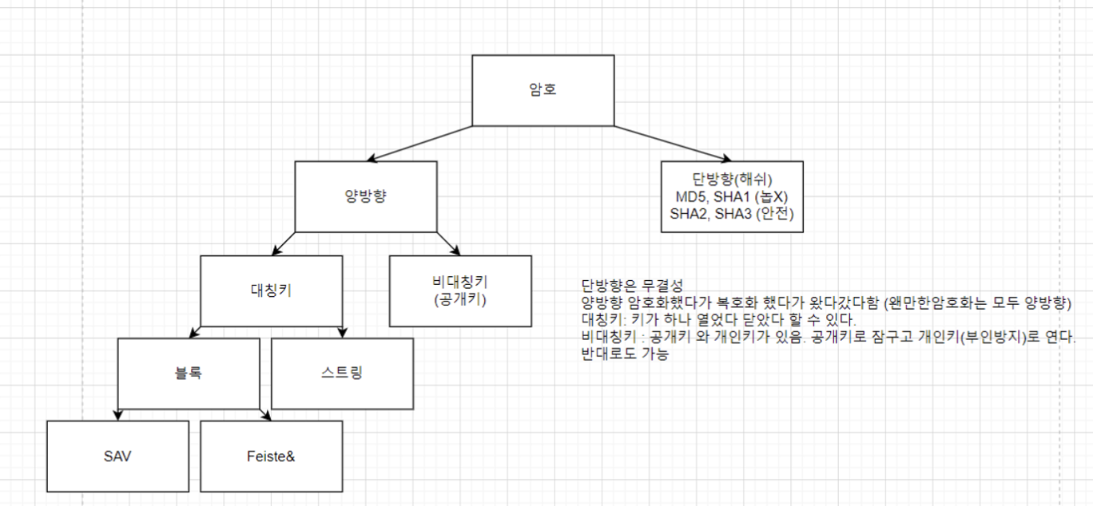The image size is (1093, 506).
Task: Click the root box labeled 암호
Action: tap(543, 90)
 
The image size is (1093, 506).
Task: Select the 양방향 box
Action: tap(365, 196)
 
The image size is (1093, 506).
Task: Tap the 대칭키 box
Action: tap(271, 291)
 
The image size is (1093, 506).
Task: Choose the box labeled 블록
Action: tap(189, 373)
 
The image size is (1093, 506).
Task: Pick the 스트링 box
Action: tap(342, 373)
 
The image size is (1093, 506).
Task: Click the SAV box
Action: tap(117, 456)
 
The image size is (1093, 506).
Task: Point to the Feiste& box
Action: tap(271, 456)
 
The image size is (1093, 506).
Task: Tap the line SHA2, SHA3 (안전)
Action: tap(732, 213)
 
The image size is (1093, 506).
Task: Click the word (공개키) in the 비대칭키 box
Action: tap(459, 300)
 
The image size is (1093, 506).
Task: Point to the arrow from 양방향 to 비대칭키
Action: tap(447, 243)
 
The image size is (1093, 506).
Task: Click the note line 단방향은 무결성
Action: tap(633, 286)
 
